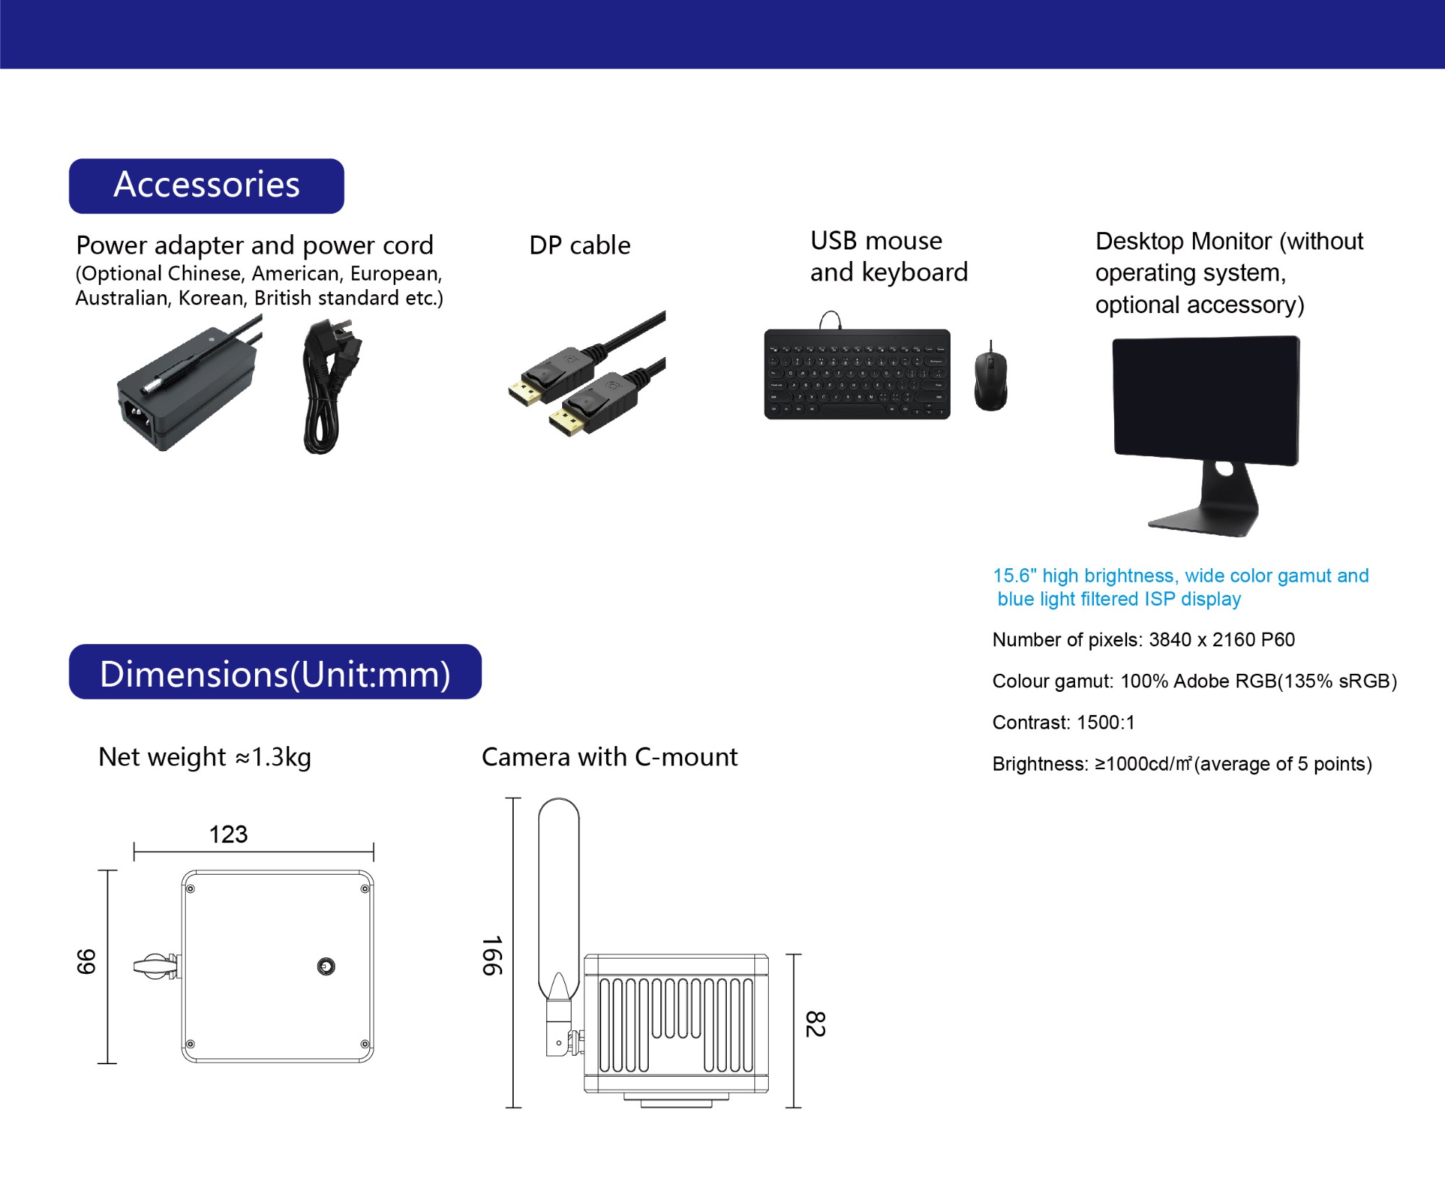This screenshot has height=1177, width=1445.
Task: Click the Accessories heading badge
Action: click(x=207, y=186)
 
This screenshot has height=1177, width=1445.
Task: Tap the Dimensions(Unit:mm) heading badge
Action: click(x=275, y=672)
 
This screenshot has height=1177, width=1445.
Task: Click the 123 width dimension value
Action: click(x=228, y=834)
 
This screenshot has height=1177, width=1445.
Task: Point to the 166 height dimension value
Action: click(x=492, y=956)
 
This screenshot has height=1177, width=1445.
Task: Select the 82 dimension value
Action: click(x=815, y=1024)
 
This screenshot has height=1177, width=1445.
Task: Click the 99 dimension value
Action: click(x=86, y=962)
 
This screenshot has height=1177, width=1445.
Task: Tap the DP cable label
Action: click(x=579, y=245)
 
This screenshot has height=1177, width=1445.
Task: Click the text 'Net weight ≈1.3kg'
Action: click(x=204, y=757)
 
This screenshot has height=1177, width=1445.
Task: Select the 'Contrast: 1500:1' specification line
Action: click(x=1064, y=722)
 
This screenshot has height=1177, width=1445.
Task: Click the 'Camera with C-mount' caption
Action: click(x=609, y=757)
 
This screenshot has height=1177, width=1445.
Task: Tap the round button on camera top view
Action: click(x=326, y=967)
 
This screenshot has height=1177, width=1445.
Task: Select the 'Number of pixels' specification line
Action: click(x=1143, y=640)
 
